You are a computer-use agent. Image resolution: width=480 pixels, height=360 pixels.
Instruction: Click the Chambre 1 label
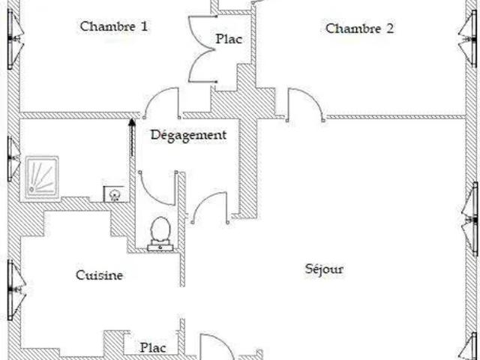click(113, 26)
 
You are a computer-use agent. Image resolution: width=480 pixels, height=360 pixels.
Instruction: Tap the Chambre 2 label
click(359, 29)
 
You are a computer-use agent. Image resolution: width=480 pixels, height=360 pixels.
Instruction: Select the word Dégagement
click(188, 135)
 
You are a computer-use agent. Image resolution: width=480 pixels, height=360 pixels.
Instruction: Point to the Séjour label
click(325, 268)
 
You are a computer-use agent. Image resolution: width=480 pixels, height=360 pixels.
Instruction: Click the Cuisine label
click(99, 275)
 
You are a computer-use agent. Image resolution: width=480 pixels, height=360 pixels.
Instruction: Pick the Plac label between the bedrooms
click(229, 39)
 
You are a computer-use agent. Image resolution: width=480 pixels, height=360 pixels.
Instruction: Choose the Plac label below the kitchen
click(153, 348)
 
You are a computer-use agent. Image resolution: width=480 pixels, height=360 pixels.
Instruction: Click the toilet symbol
click(160, 232)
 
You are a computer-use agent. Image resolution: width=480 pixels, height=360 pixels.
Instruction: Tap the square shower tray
click(41, 177)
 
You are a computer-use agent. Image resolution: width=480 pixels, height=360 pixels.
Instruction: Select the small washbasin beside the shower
click(115, 195)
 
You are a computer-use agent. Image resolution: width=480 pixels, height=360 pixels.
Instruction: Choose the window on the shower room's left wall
click(13, 157)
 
